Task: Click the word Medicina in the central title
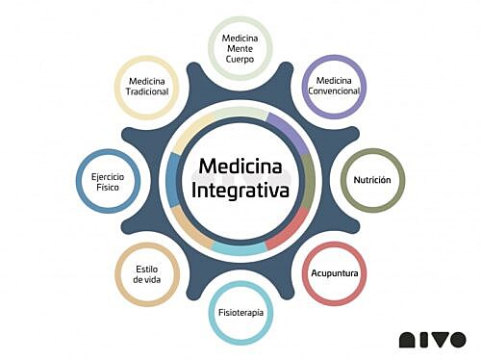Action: click(x=240, y=167)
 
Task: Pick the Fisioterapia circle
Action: click(x=240, y=312)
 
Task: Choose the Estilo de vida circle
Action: click(x=146, y=273)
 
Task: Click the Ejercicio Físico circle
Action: click(x=107, y=180)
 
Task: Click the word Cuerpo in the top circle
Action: click(x=240, y=59)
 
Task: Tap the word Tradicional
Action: click(x=146, y=92)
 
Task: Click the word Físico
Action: click(x=107, y=186)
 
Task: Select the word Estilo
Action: click(x=146, y=268)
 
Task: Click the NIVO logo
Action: click(x=433, y=339)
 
